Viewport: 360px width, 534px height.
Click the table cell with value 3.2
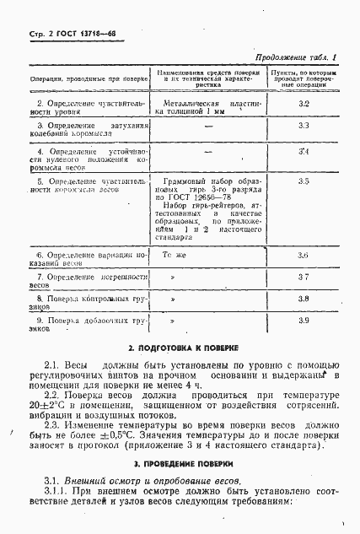304,102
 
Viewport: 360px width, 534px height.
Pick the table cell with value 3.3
304,126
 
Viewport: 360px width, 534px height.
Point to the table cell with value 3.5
304,181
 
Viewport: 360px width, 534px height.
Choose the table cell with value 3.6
304,255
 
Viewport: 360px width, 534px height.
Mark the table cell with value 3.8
304,299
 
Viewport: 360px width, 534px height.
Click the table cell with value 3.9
304,321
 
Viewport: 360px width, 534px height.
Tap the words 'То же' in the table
173,255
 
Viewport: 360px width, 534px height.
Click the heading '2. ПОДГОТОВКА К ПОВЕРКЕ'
180,348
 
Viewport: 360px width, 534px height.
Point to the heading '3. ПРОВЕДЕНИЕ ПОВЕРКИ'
180,465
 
